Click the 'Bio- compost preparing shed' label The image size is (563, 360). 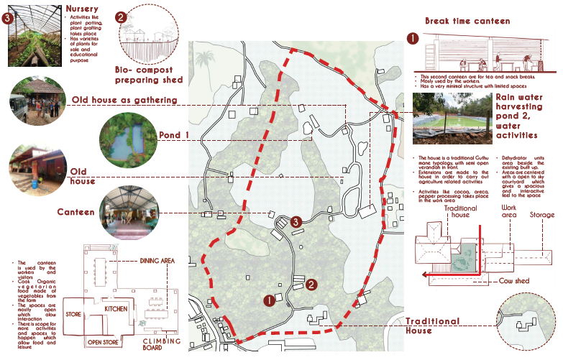[149, 74]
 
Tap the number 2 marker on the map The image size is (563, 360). [311, 285]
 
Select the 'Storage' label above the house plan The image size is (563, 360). [541, 214]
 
